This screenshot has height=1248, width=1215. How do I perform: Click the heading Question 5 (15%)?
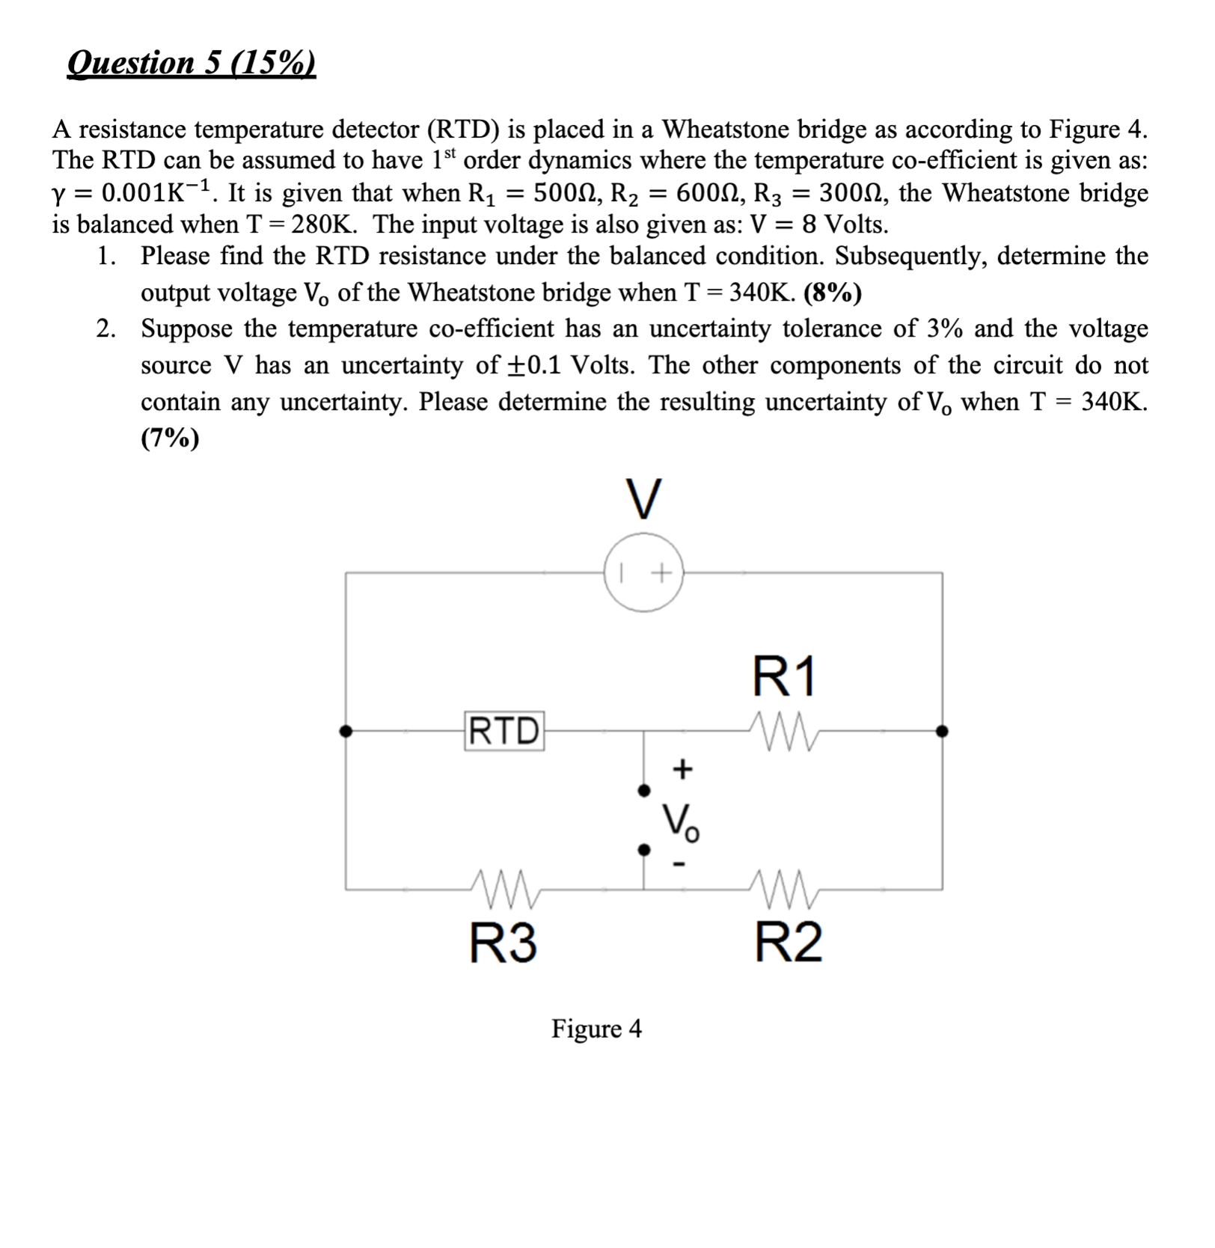192,63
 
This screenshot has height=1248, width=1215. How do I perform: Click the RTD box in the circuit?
504,731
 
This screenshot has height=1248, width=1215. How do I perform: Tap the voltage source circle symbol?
643,573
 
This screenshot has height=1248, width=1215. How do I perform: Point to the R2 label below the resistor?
788,942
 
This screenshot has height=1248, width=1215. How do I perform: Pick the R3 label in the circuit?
503,942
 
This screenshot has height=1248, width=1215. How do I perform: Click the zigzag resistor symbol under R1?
785,727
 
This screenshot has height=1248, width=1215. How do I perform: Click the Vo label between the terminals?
680,822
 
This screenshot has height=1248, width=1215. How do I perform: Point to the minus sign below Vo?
679,865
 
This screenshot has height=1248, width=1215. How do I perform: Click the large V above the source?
643,498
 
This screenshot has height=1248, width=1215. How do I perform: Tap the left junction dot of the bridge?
346,731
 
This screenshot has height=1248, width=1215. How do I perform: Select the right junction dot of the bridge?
942,731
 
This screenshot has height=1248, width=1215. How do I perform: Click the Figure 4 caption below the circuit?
596,1029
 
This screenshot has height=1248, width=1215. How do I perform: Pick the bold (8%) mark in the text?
832,293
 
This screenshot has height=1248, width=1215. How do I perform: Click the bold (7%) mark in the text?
170,438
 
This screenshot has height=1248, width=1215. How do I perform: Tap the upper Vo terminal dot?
643,790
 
